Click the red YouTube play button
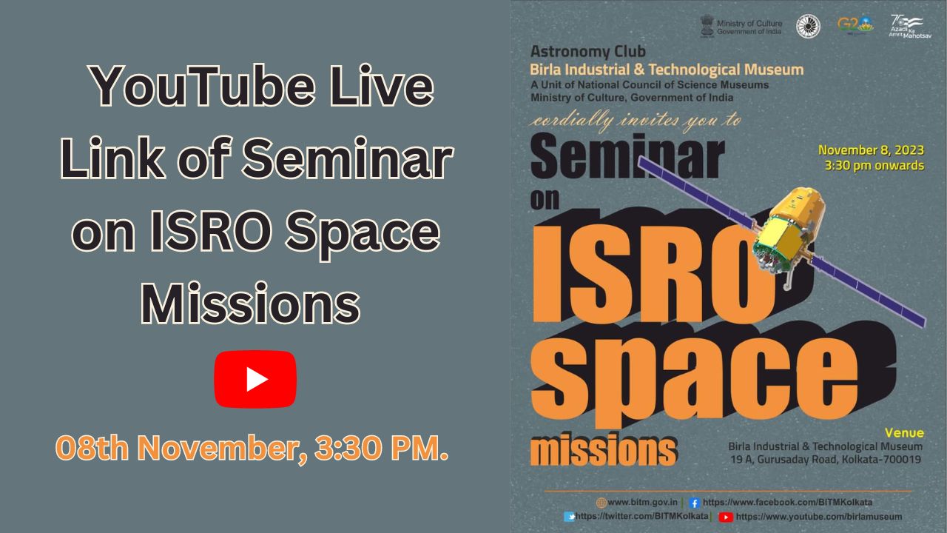[255, 379]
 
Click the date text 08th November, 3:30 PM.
[252, 449]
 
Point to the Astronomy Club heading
[587, 52]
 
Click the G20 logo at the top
[855, 24]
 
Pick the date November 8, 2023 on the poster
[871, 150]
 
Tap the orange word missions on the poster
[603, 449]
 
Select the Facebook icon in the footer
[694, 503]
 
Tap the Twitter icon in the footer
[569, 517]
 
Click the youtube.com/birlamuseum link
[818, 517]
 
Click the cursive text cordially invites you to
[635, 120]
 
